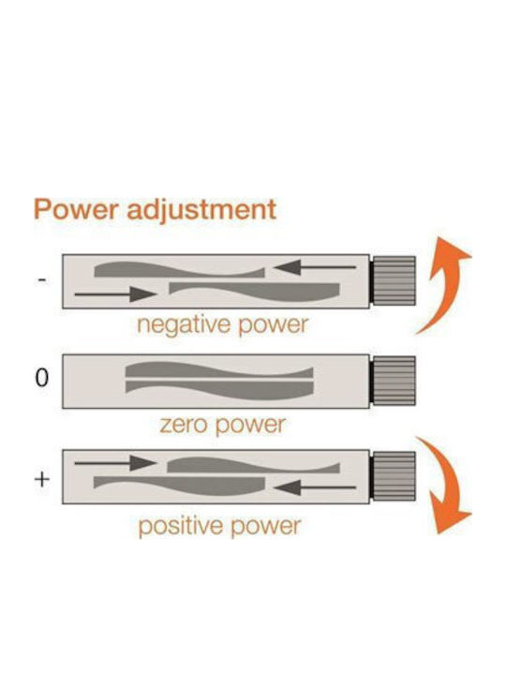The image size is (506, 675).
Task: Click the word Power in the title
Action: coord(76,210)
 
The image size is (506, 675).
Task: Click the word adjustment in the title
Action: coord(201,211)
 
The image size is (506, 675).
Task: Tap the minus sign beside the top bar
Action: coord(42,280)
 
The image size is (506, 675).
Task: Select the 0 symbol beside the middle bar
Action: coord(42,378)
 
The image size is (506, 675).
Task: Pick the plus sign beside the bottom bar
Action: coord(42,479)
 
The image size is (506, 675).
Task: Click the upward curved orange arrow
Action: coord(449,284)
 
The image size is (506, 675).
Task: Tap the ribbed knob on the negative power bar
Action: coord(393,280)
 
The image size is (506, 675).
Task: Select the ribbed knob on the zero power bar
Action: coord(393,381)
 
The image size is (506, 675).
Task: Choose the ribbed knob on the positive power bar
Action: coord(393,476)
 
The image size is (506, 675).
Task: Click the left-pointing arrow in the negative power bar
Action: coord(315,267)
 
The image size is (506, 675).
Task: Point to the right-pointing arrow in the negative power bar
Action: coord(116,294)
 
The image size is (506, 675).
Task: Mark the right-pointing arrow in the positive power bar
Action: coord(116,463)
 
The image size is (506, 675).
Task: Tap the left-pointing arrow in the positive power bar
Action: coord(315,487)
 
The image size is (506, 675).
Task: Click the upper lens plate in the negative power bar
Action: coord(179,270)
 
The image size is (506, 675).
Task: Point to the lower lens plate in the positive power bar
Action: coord(179,486)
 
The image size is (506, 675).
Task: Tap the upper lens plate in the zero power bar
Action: coord(219,370)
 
